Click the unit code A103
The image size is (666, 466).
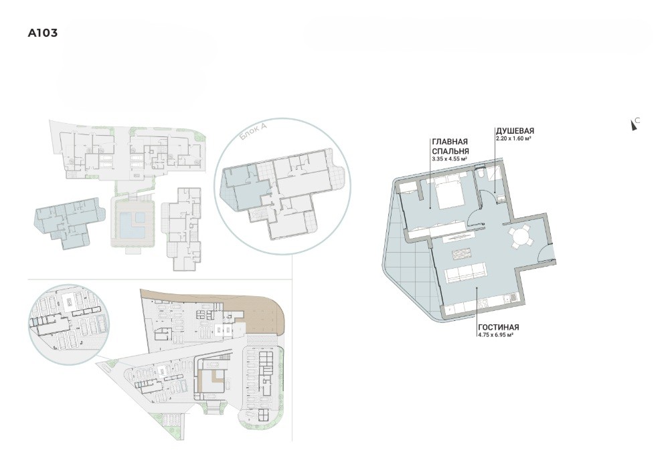point(42,33)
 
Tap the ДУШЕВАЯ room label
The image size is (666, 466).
point(514,131)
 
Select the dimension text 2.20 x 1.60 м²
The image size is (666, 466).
point(514,138)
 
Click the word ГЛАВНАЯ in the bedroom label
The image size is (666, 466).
point(449,142)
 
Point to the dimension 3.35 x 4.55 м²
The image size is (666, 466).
point(449,158)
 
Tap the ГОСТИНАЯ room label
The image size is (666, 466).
point(498,327)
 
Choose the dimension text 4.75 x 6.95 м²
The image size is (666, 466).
point(496,334)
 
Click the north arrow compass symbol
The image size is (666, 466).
point(635,124)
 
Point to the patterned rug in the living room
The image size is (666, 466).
point(462,254)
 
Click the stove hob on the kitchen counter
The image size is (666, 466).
point(483,304)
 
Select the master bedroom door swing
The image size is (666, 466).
point(475,218)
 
